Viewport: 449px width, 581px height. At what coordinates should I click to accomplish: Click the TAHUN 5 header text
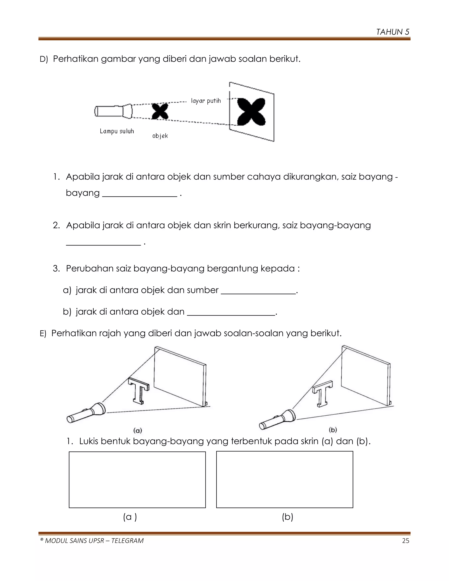393,32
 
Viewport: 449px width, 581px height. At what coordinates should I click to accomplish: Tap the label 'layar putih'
206,101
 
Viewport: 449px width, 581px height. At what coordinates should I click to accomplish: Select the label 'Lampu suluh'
117,131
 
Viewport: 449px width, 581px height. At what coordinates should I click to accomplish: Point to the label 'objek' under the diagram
160,136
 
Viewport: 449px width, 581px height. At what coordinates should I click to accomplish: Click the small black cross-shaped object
160,111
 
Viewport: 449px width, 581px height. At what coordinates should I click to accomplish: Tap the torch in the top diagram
113,111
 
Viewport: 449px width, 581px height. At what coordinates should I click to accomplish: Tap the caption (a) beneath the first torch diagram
137,430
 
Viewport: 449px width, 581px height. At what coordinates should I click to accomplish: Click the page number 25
405,541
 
